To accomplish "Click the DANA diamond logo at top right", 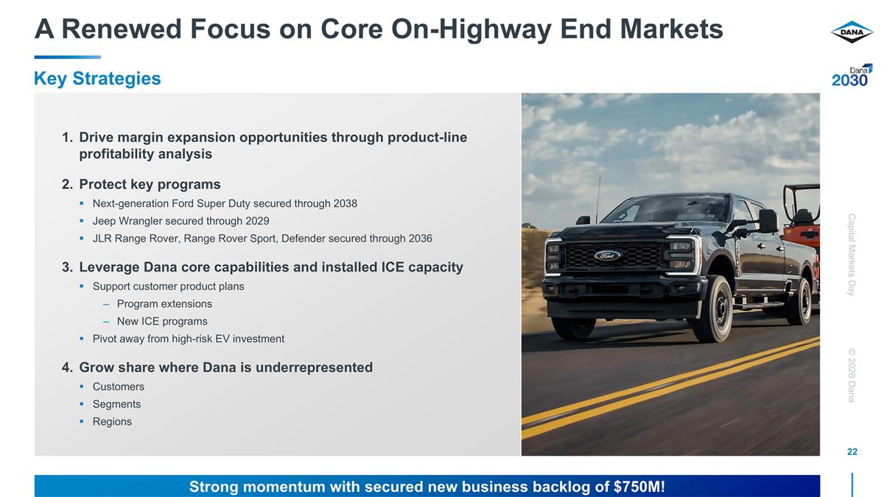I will (x=852, y=32).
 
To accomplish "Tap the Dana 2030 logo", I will (x=852, y=76).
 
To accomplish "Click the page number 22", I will (x=852, y=451).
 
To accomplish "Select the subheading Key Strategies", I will (x=97, y=79).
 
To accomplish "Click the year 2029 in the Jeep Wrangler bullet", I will (x=257, y=221).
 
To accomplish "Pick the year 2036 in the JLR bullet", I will (x=420, y=239).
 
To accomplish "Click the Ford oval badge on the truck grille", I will (x=608, y=255).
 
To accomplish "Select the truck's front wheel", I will (x=713, y=309).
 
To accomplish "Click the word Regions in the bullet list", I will (x=112, y=422).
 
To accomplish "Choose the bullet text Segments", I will (x=116, y=404).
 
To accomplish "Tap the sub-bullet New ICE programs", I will (x=162, y=321).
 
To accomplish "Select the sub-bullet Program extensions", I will (x=164, y=303).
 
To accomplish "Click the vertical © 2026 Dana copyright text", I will (x=852, y=375).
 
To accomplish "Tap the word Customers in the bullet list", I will (x=118, y=387).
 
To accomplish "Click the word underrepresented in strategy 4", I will (x=314, y=367).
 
